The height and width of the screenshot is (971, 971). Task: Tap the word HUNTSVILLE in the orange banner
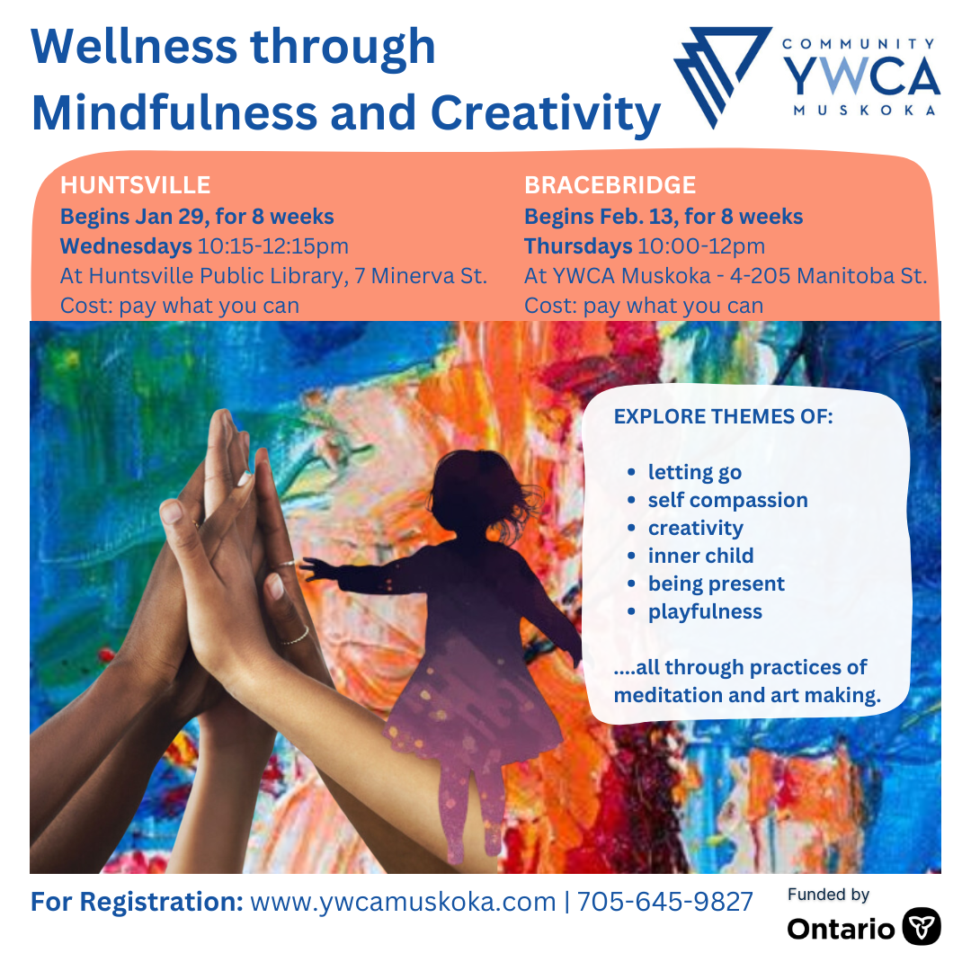click(135, 185)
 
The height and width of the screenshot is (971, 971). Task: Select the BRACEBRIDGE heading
click(610, 185)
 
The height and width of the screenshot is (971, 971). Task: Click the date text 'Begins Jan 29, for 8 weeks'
click(197, 217)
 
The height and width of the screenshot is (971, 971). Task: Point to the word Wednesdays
click(126, 246)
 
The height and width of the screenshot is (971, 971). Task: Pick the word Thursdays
click(578, 246)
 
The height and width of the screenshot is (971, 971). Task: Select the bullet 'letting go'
click(694, 472)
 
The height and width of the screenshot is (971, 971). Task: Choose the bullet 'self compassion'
click(727, 500)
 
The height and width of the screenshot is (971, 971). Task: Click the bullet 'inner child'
click(700, 556)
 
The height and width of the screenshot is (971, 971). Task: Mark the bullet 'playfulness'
click(705, 611)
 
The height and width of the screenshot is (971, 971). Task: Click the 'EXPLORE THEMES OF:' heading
click(723, 417)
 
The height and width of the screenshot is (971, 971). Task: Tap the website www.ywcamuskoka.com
click(403, 902)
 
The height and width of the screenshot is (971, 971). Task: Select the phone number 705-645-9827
click(664, 902)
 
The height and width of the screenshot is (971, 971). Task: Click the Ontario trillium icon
click(922, 927)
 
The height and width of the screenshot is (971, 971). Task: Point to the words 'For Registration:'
click(137, 902)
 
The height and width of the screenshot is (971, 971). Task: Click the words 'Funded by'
click(828, 895)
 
